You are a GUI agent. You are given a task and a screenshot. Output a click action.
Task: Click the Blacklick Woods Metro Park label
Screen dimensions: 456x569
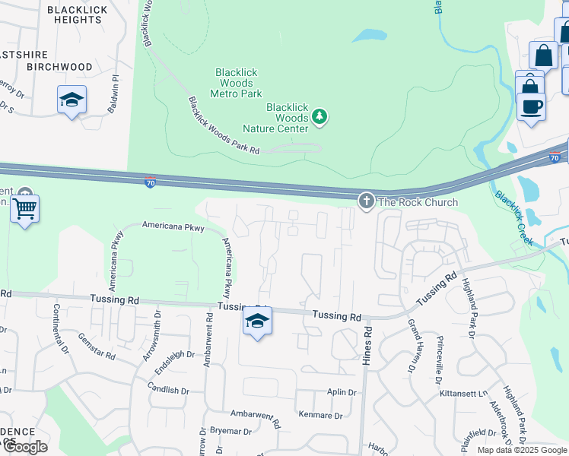(x=236, y=83)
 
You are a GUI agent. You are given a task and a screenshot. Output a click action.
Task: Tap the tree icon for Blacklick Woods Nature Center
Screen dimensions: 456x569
(x=320, y=117)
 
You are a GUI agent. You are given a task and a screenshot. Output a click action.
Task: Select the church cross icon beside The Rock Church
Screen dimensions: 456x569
(x=366, y=201)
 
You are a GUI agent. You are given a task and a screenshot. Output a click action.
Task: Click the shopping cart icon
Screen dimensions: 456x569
(x=25, y=207)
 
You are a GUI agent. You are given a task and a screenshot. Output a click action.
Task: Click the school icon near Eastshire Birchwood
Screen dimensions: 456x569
(x=72, y=100)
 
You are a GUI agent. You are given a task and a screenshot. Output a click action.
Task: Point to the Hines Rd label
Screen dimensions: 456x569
(x=367, y=347)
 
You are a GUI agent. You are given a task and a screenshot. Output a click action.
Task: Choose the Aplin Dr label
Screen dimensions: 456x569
(x=342, y=392)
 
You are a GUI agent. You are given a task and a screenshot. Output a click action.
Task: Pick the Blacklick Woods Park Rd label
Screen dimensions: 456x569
(x=224, y=126)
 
